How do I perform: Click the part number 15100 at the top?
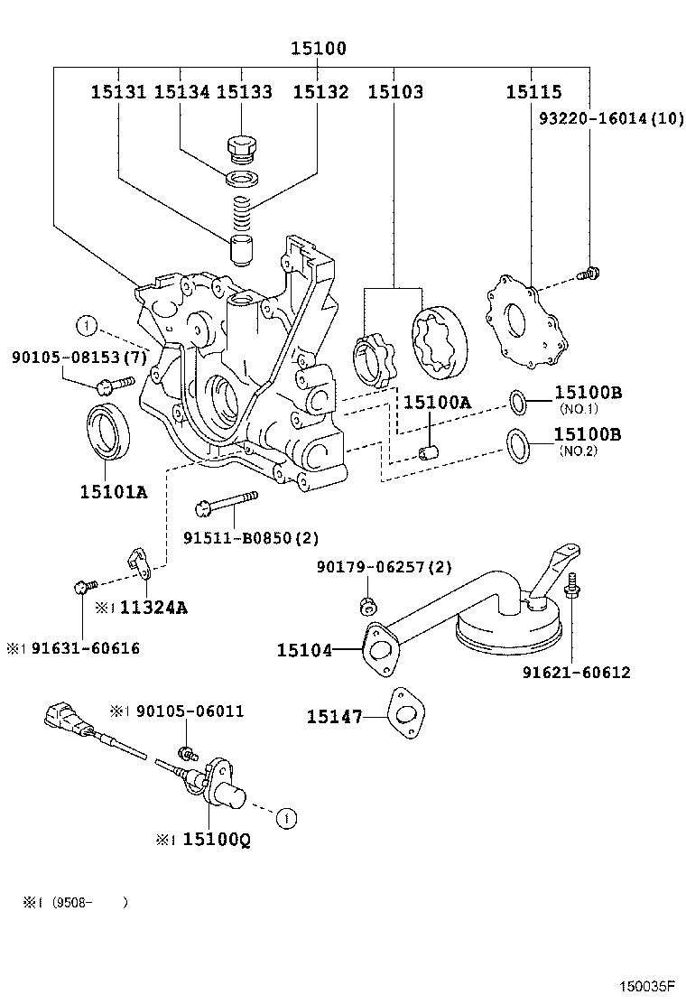(318, 49)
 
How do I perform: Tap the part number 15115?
(533, 92)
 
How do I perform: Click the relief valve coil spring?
(240, 214)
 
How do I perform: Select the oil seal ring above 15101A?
(110, 432)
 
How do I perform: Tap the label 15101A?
(113, 491)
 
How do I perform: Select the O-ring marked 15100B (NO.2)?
(518, 442)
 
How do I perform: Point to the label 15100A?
(437, 404)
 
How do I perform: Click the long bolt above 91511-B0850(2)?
(225, 501)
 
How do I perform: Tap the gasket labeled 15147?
(404, 716)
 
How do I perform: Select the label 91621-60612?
(576, 673)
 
